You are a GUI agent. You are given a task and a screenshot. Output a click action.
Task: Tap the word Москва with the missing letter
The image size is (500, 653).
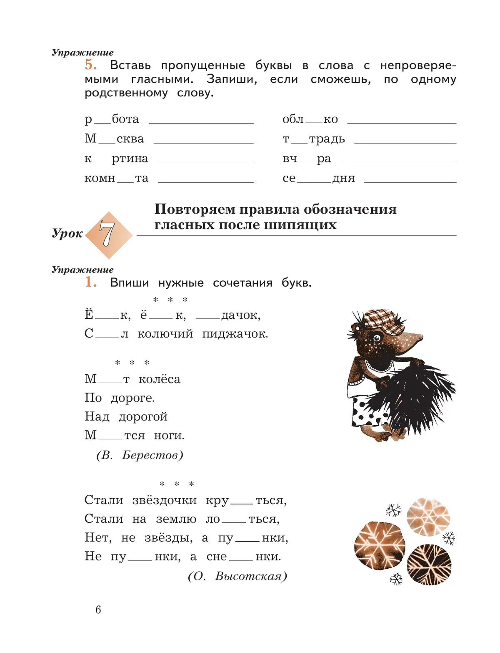point(114,139)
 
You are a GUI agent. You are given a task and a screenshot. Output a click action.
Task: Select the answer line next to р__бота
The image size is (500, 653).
point(201,123)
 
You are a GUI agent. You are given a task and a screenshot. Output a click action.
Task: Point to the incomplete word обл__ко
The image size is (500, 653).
point(310,119)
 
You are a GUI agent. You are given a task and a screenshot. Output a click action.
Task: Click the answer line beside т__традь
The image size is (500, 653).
point(405,143)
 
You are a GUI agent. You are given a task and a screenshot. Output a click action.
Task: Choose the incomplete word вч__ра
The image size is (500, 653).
point(307,159)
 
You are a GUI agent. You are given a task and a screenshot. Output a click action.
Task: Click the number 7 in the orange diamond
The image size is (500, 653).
point(107,234)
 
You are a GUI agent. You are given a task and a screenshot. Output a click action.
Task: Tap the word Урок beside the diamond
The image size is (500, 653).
point(67,233)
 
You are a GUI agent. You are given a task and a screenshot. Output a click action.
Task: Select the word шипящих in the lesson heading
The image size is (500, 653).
point(307,225)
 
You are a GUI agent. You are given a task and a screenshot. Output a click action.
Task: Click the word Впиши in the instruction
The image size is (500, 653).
point(129,283)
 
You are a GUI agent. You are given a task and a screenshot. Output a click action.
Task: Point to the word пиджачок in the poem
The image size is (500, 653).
point(235,334)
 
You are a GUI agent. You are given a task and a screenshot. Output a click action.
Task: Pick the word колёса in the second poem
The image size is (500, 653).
point(159,379)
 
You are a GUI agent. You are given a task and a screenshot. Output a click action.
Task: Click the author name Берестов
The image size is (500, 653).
point(152,455)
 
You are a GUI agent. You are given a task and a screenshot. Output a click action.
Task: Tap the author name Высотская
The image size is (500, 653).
point(251,577)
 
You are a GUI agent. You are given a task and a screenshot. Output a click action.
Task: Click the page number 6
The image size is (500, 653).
point(98,610)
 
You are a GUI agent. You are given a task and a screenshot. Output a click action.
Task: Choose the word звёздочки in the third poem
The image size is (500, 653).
point(165,500)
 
